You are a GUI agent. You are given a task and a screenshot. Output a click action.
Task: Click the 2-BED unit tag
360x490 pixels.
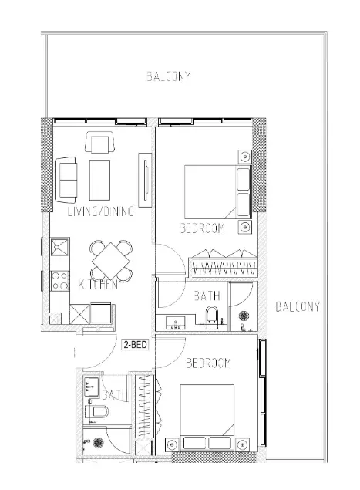click(135, 345)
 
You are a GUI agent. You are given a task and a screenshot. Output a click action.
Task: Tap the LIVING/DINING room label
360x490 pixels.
click(100, 211)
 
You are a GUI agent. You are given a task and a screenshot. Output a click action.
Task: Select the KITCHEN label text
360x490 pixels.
click(98, 285)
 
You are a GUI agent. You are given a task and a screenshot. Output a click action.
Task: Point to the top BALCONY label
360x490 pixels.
click(168, 76)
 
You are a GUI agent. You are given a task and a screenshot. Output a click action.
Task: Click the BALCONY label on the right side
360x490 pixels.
click(297, 306)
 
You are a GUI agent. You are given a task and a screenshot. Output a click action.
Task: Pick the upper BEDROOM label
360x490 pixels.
click(202, 228)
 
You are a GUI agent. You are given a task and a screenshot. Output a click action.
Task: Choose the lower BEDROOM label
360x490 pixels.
click(209, 363)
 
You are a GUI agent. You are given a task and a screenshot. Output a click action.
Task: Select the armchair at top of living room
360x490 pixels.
click(99, 144)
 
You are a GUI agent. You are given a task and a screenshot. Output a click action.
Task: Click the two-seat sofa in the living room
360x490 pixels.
click(66, 177)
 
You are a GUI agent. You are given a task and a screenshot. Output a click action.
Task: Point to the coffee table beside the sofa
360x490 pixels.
click(100, 179)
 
